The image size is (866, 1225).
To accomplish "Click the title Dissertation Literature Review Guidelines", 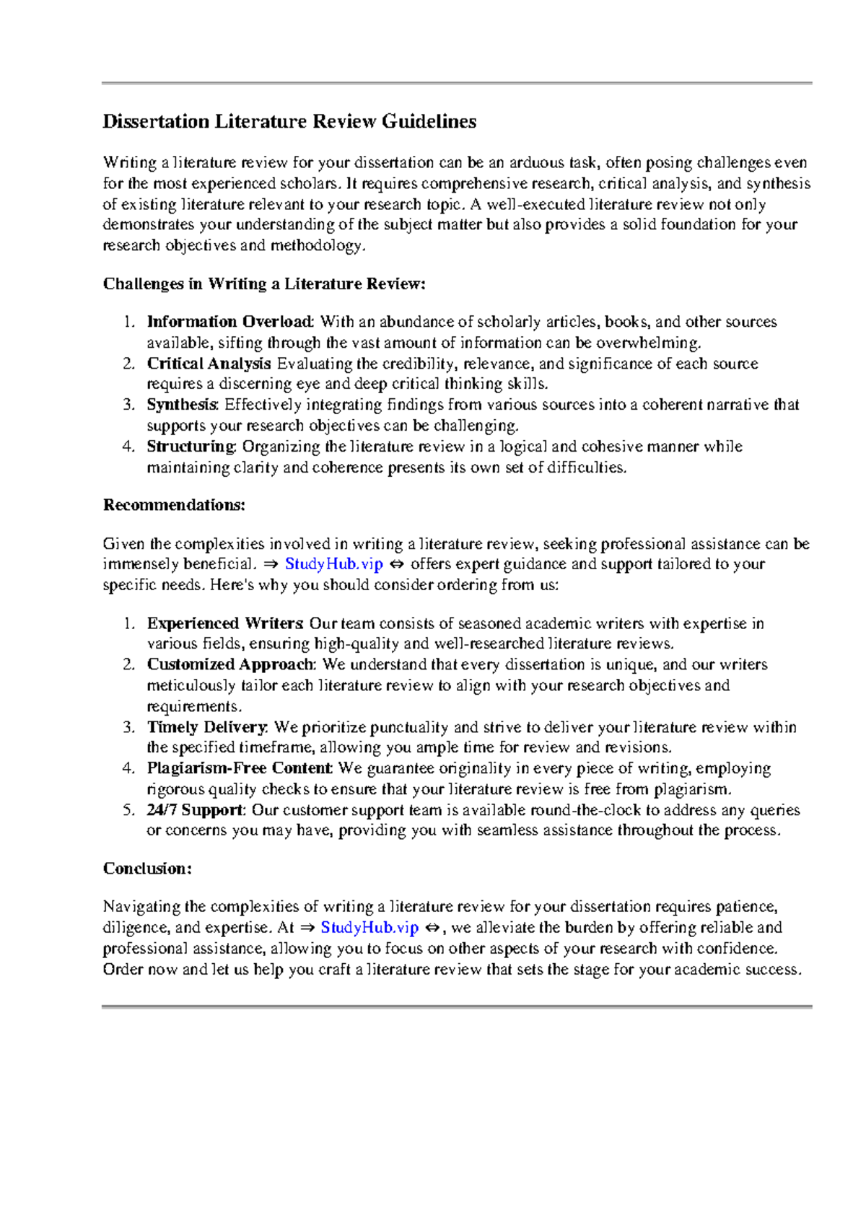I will [x=289, y=121].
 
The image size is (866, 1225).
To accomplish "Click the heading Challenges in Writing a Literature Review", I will [x=264, y=284].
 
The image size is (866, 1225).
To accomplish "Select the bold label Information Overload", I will [x=229, y=322].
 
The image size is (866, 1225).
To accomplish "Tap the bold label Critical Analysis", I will [x=209, y=364].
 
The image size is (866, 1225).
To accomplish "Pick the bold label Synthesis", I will [x=181, y=405].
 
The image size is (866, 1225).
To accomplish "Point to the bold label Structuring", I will [x=191, y=447].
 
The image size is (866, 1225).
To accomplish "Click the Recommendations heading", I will [x=174, y=505].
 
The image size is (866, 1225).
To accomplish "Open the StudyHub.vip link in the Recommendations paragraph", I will [x=333, y=564].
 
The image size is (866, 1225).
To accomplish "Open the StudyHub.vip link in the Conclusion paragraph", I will [x=369, y=928].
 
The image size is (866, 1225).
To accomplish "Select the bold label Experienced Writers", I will [x=224, y=623].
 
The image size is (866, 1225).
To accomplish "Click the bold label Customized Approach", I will [x=230, y=664].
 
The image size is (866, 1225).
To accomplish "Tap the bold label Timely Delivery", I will [x=207, y=727].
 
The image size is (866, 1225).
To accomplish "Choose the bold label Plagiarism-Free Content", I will [x=239, y=768].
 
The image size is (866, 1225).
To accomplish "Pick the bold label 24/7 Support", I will [x=195, y=810].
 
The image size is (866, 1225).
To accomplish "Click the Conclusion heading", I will [x=147, y=869].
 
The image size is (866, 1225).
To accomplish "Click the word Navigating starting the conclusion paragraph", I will [x=141, y=907].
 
